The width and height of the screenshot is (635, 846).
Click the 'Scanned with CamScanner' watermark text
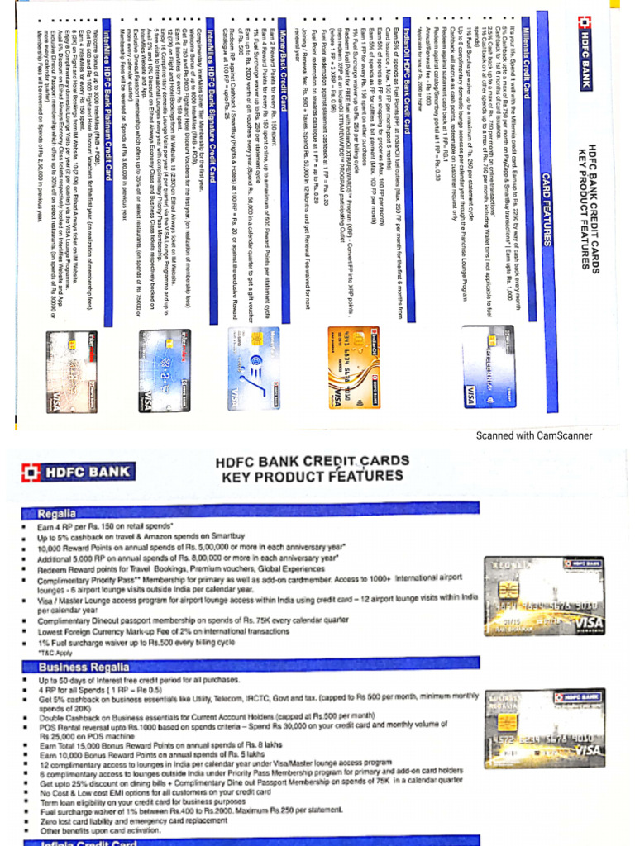pos(533,435)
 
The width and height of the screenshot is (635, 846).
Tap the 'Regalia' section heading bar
pos(56,513)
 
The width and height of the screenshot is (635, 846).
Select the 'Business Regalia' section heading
pos(84,666)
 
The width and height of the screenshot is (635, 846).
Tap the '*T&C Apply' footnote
pos(55,653)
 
